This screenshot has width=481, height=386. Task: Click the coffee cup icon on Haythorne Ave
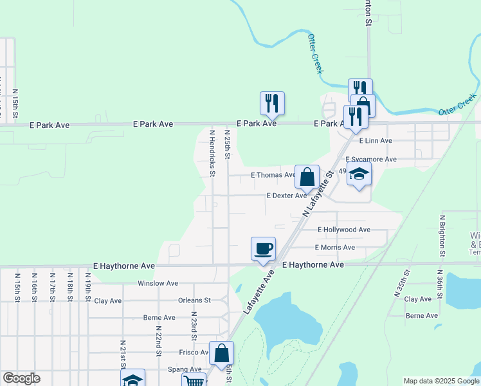[262, 249]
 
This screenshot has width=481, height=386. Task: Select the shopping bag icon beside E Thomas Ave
[307, 176]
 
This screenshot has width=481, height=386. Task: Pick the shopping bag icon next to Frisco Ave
[221, 353]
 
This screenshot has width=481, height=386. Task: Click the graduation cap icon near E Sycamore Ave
[359, 174]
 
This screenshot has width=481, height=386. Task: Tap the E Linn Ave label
[376, 140]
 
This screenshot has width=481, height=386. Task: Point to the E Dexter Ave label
[286, 196]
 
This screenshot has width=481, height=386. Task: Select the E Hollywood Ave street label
[344, 230]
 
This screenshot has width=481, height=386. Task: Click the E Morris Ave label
[335, 248]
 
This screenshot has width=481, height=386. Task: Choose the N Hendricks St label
[212, 153]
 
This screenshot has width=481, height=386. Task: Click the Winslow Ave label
[158, 283]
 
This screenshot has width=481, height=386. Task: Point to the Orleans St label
[194, 300]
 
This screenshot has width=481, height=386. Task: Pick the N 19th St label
[87, 288]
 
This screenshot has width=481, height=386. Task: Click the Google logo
[21, 378]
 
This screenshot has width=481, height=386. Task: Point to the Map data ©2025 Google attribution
[441, 381]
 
